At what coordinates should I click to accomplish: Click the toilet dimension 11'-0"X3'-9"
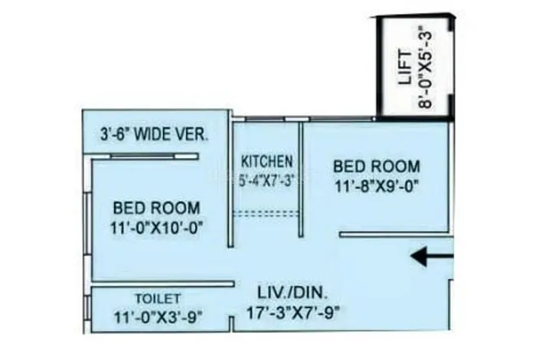point(159,315)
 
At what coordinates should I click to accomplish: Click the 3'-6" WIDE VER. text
point(155,134)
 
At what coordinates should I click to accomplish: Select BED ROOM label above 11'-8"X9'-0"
point(374,166)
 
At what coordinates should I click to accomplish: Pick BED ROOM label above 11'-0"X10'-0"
point(157,208)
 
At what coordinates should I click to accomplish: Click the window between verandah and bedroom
point(153,157)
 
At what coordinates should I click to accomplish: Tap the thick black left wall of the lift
point(378,69)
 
